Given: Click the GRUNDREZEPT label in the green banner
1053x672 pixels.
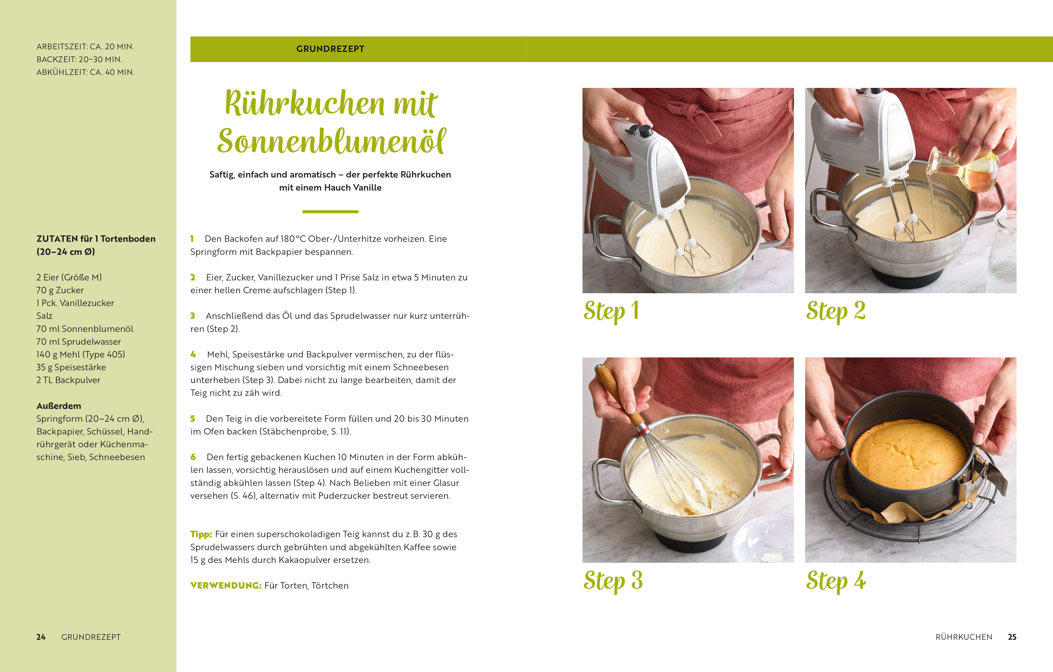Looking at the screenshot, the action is click(330, 49).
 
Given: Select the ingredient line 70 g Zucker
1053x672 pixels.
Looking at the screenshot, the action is click(60, 290).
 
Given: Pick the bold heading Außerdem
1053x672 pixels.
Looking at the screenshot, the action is click(59, 406).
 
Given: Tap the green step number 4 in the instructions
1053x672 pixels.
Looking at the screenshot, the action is click(193, 355).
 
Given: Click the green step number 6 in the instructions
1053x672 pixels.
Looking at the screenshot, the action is click(193, 457).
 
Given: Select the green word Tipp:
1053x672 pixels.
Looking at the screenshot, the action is click(201, 534).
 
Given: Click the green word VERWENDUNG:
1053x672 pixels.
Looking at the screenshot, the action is click(226, 585).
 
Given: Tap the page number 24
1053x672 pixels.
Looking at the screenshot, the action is click(41, 637).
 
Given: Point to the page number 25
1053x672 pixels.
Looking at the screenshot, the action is click(1012, 637).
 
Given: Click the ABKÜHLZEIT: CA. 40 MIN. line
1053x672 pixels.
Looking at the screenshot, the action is click(85, 72).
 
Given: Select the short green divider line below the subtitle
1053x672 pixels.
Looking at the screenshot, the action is click(330, 212).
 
